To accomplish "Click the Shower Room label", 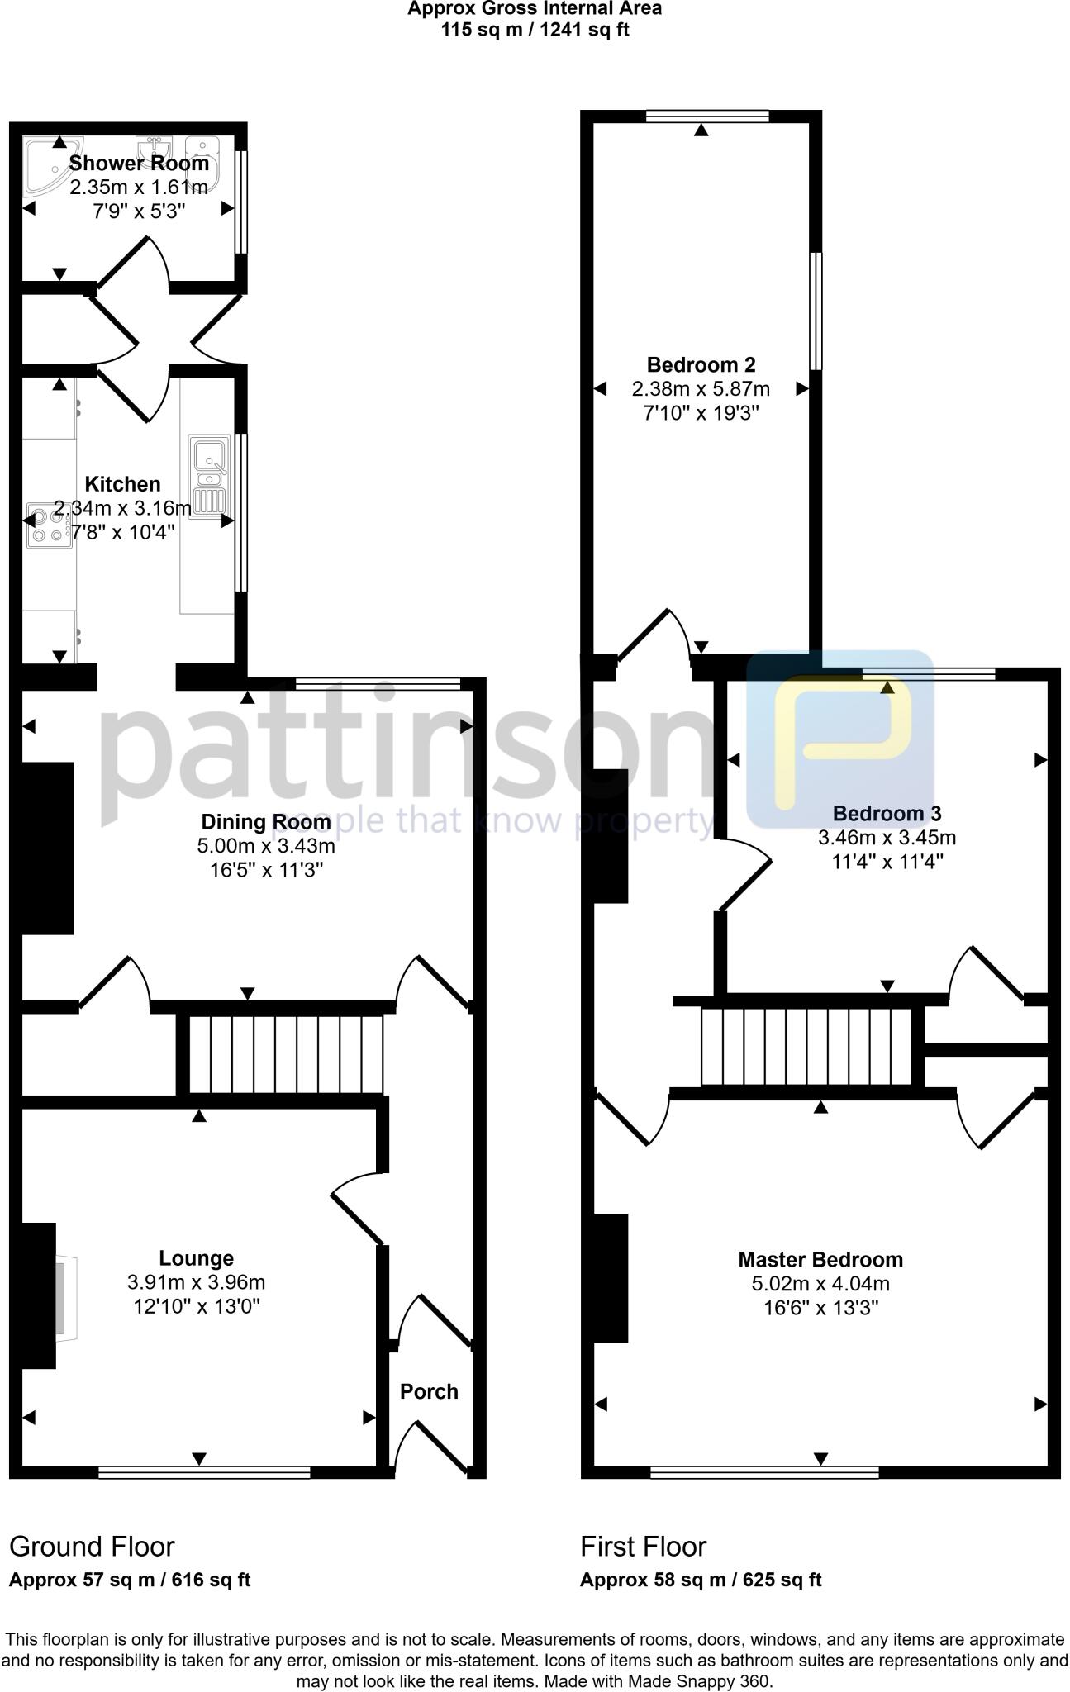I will click(139, 163).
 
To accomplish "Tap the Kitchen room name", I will click(122, 484).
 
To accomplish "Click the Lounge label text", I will click(196, 1258).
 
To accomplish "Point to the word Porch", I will click(429, 1391).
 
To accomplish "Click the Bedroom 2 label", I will click(701, 364).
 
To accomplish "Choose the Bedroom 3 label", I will click(887, 814).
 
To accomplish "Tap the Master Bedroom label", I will click(820, 1260).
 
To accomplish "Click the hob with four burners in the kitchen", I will click(48, 525).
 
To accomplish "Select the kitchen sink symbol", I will click(207, 476).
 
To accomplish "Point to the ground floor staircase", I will click(286, 1054).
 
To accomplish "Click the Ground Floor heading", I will click(92, 1547).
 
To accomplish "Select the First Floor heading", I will click(643, 1547).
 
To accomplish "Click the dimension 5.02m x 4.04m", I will click(820, 1284).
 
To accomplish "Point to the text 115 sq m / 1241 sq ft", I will click(535, 31).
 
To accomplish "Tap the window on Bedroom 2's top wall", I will click(707, 116).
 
